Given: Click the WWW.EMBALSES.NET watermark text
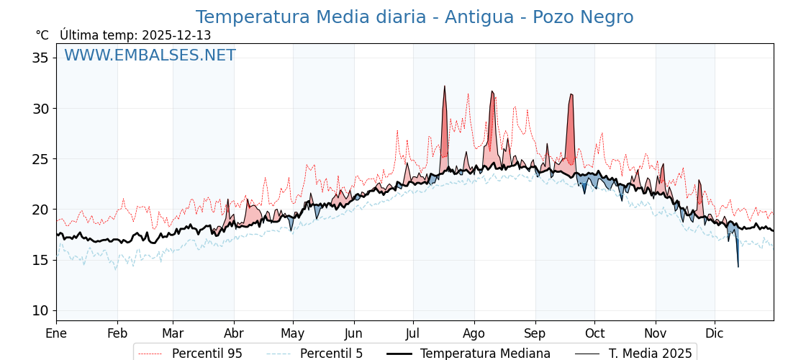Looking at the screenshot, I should [x=150, y=55].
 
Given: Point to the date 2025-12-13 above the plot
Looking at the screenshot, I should [x=176, y=35].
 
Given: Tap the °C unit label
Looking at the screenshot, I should [x=42, y=35].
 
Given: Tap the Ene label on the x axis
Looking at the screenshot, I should [x=56, y=333].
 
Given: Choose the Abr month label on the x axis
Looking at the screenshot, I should [x=234, y=333].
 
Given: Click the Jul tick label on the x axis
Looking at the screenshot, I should [x=413, y=333].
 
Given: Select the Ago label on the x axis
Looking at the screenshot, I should [x=474, y=333].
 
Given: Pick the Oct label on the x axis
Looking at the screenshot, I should [x=594, y=333].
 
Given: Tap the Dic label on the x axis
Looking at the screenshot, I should [x=715, y=333].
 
